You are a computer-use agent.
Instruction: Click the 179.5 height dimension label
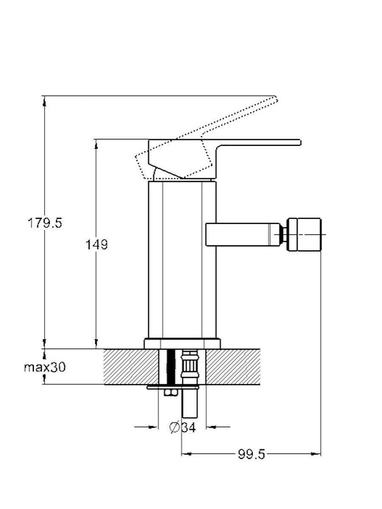pos(45,223)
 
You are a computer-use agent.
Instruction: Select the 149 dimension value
pos(97,245)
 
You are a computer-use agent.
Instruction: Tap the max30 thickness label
pos(45,367)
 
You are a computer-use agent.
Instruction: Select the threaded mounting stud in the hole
pos(171,366)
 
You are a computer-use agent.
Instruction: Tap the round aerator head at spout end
pos(304,234)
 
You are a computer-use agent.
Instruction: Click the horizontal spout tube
pos(243,234)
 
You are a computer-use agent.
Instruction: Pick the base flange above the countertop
pos(182,344)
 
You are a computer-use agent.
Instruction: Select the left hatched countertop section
pos(131,366)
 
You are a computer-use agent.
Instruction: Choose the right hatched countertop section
pos(233,366)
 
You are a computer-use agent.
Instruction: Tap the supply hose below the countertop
pos(190,403)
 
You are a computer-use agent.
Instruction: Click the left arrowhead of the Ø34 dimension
pos(153,427)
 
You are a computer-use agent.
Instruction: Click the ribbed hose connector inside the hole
pos(190,366)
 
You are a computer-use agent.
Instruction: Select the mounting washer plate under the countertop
pos(173,387)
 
